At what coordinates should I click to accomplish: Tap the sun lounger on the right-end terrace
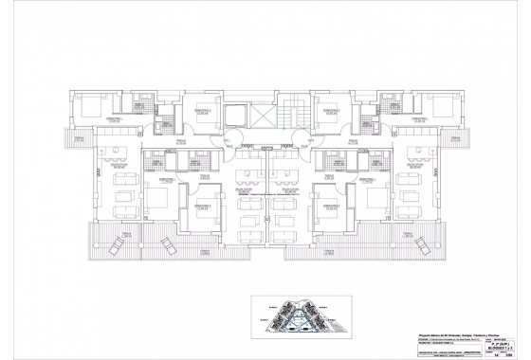422,245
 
